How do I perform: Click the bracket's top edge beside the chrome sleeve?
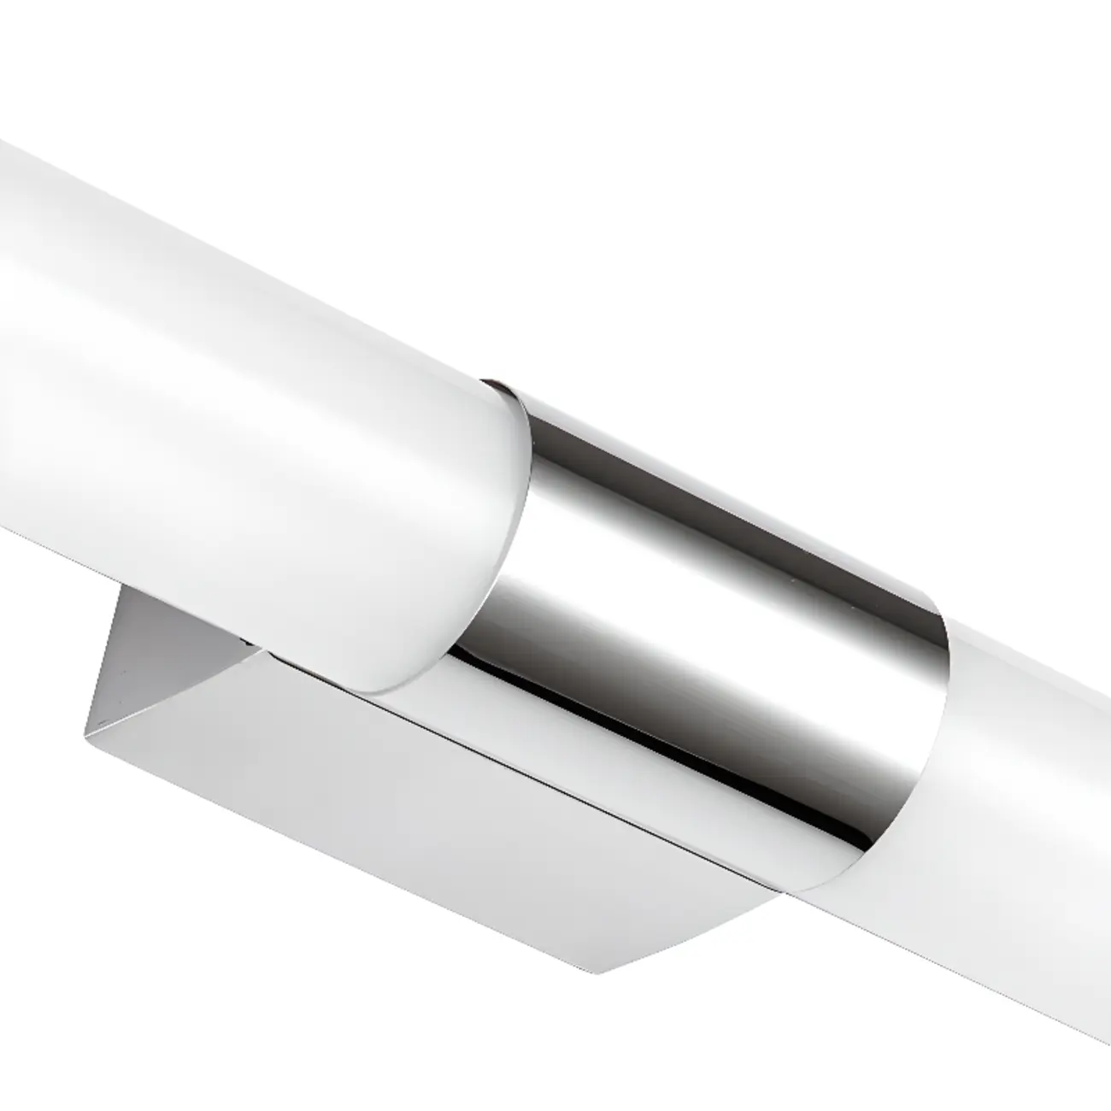coord(547,752)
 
